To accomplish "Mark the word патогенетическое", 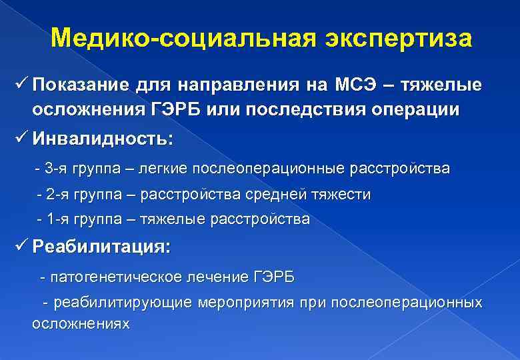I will click(117, 276).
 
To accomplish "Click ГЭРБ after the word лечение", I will click(273, 276).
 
